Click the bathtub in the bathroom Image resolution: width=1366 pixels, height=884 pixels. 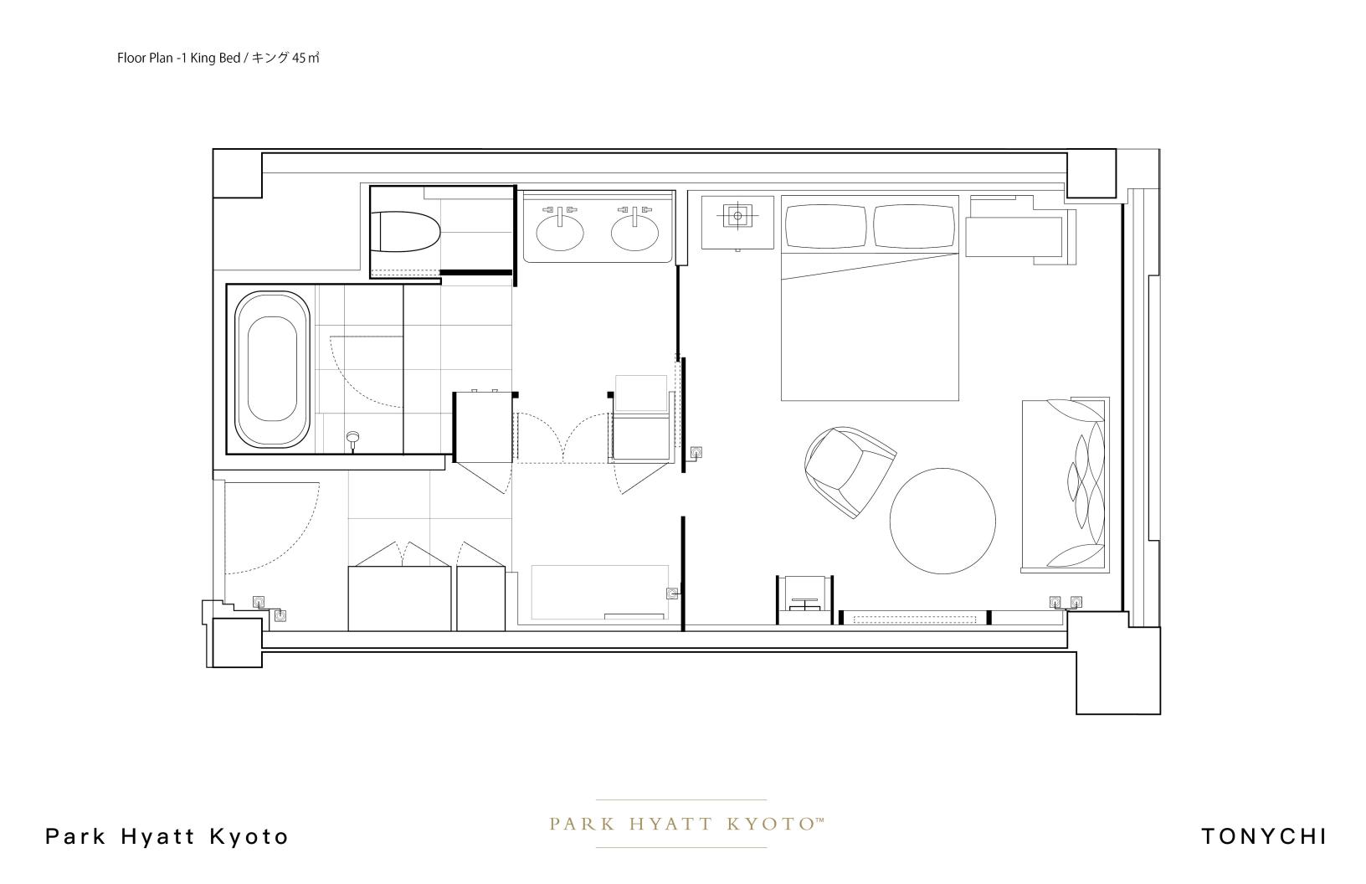pyautogui.click(x=272, y=369)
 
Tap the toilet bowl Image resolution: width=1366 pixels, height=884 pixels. pyautogui.click(x=405, y=232)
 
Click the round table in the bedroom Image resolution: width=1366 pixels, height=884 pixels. pyautogui.click(x=942, y=521)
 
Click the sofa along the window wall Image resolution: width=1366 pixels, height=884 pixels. pyautogui.click(x=1065, y=485)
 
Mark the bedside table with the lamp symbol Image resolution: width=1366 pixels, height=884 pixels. pyautogui.click(x=737, y=222)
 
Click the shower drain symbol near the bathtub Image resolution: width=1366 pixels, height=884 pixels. pyautogui.click(x=352, y=438)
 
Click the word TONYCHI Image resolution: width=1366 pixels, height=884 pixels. pyautogui.click(x=1264, y=836)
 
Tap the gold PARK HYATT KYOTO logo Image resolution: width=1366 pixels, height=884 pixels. pyautogui.click(x=686, y=825)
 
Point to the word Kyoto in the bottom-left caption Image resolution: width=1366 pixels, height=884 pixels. pyautogui.click(x=249, y=836)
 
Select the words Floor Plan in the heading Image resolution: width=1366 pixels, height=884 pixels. pyautogui.click(x=145, y=58)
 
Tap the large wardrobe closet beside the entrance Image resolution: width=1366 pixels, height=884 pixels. pyautogui.click(x=399, y=599)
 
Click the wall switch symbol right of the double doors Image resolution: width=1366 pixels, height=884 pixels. pyautogui.click(x=696, y=453)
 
